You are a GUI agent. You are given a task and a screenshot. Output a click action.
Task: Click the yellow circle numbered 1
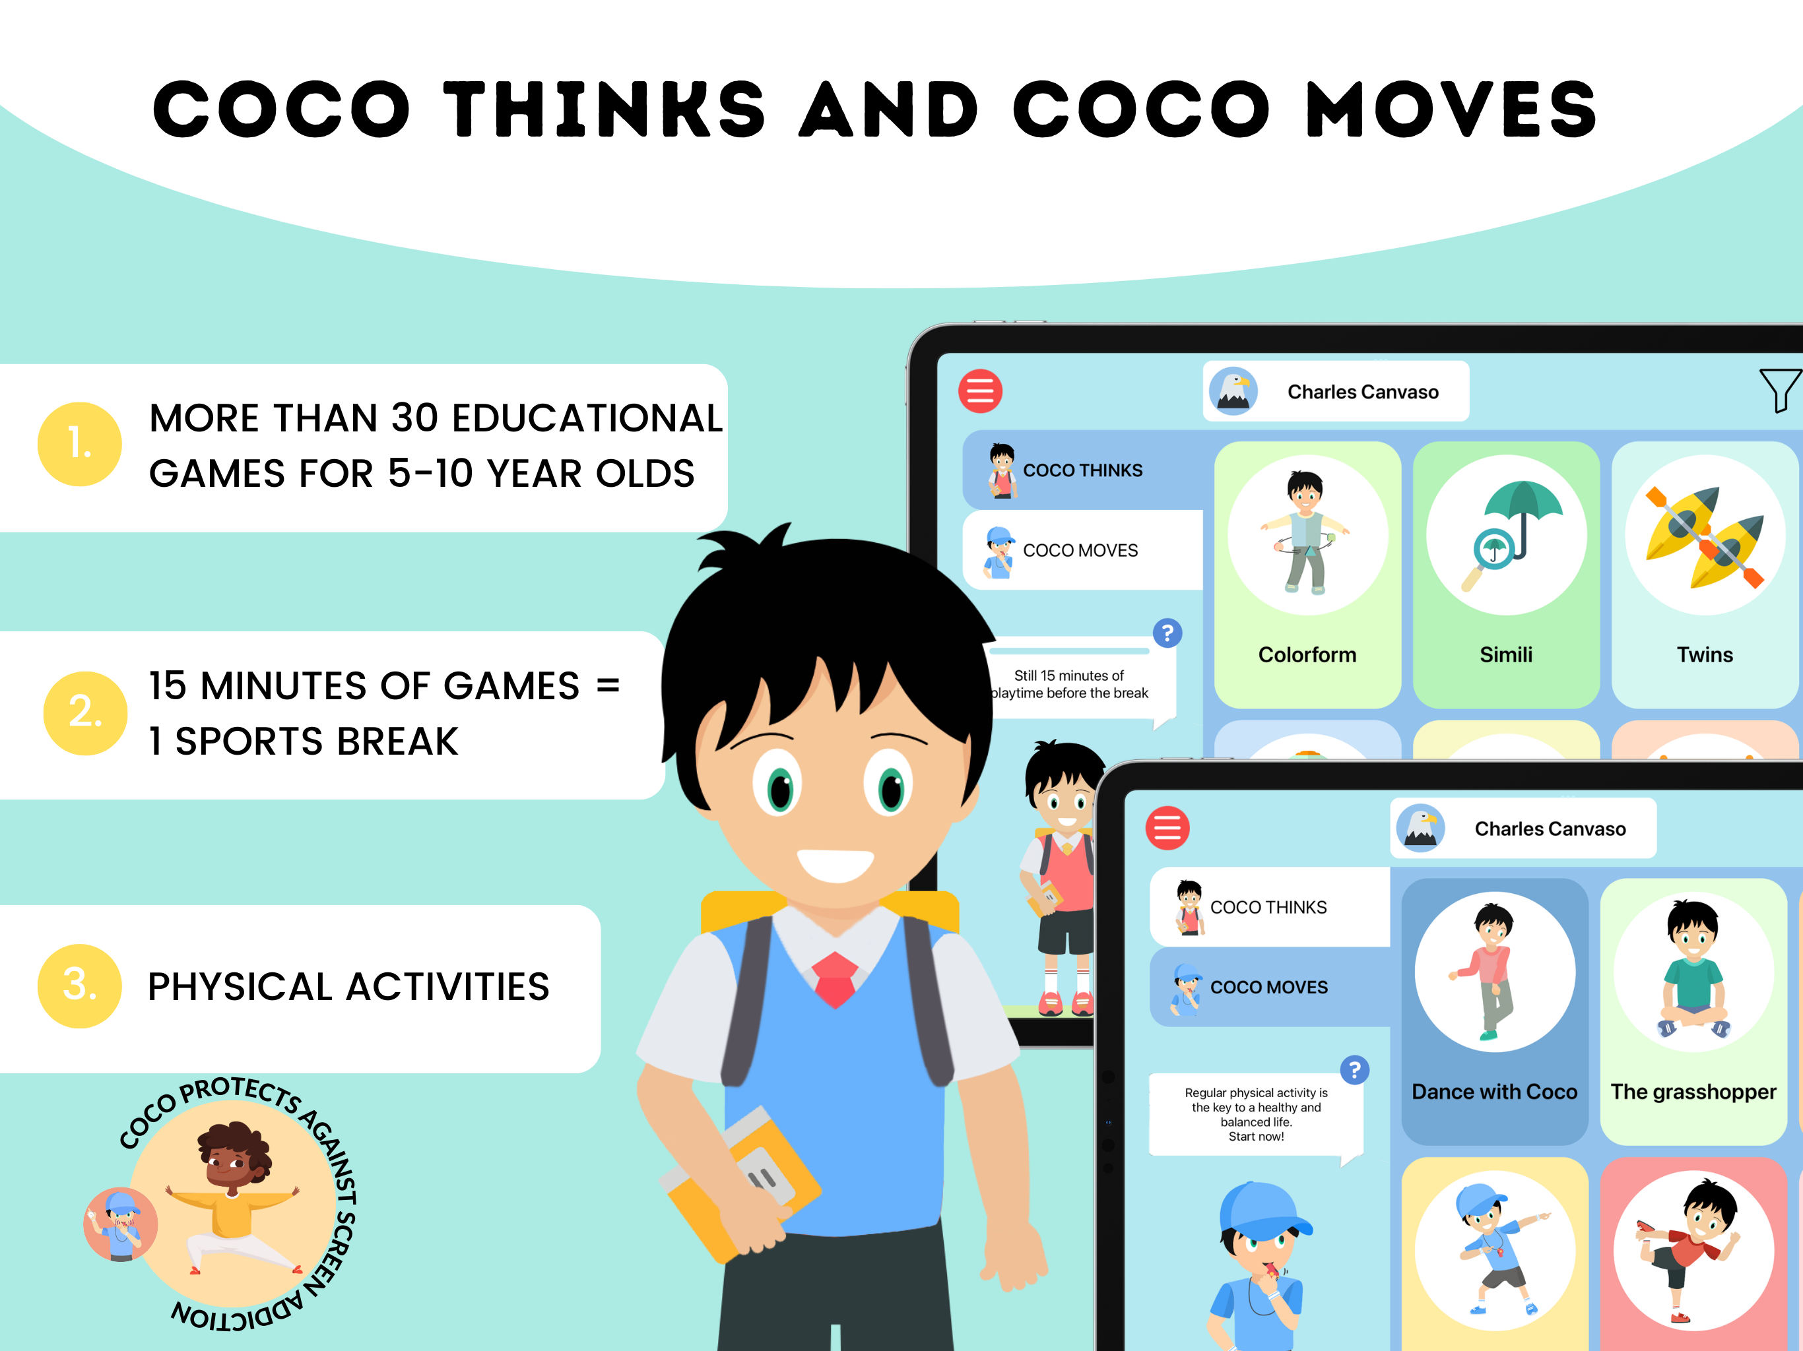pos(80,444)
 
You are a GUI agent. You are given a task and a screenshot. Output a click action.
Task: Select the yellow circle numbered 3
pos(80,986)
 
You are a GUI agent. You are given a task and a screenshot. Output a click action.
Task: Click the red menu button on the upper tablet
pos(980,391)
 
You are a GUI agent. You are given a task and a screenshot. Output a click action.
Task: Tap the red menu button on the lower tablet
pos(1167,828)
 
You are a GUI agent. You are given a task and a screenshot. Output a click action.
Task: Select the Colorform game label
pos(1307,654)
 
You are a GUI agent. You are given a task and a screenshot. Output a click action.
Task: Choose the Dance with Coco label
pos(1494,1092)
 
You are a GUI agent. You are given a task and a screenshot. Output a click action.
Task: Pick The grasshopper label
pos(1693,1092)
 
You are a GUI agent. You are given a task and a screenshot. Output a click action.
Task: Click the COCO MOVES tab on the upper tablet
pos(1080,551)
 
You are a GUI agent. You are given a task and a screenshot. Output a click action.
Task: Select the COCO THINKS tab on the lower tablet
pos(1268,907)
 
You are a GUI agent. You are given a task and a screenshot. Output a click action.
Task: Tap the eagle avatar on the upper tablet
pos(1233,391)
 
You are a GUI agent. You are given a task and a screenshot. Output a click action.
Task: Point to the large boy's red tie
pos(835,978)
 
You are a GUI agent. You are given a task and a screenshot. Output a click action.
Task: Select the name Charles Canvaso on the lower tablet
pos(1550,829)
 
